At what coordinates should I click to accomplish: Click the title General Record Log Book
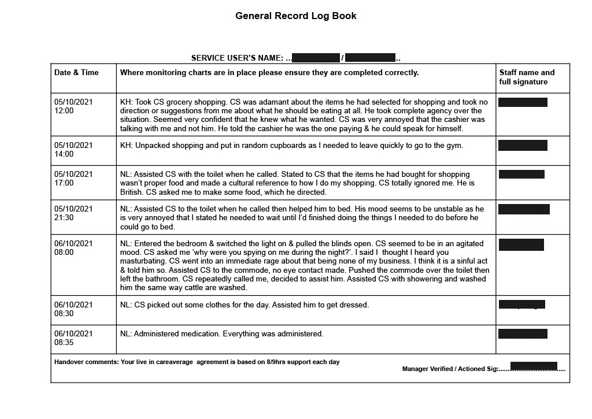click(x=295, y=16)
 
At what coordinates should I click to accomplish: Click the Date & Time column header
click(x=76, y=73)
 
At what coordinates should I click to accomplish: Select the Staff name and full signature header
click(x=527, y=77)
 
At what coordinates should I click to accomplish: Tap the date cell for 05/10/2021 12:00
click(x=73, y=106)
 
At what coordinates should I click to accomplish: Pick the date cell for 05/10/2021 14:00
click(x=73, y=150)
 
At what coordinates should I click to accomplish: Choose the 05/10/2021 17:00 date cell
click(x=73, y=179)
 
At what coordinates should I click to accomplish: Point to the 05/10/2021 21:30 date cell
click(x=73, y=213)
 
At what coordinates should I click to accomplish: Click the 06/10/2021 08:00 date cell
click(x=73, y=248)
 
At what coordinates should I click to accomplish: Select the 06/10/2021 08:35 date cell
click(x=73, y=338)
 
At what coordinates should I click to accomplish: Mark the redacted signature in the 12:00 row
click(x=523, y=103)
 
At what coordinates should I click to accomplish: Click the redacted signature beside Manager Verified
click(x=534, y=366)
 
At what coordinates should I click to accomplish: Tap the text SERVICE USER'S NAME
click(x=237, y=58)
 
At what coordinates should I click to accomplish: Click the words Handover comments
click(x=86, y=362)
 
